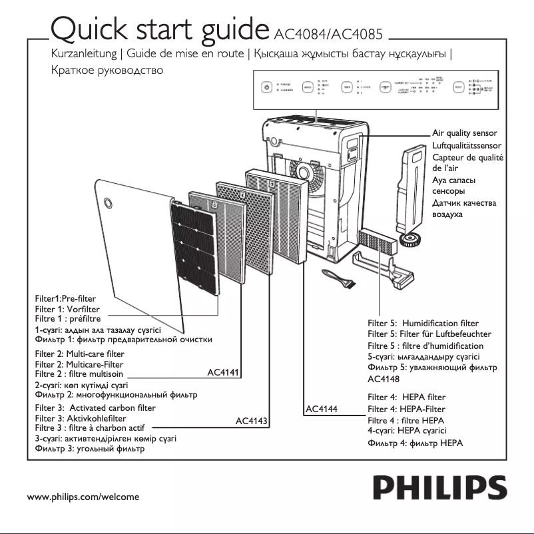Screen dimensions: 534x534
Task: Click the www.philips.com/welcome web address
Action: coord(83,497)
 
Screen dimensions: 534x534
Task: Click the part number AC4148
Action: coord(384,378)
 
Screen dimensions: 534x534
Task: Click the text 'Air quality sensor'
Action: coord(465,134)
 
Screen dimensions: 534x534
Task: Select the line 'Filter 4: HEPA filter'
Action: coord(406,397)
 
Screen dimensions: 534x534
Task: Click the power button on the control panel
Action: coord(266,87)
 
